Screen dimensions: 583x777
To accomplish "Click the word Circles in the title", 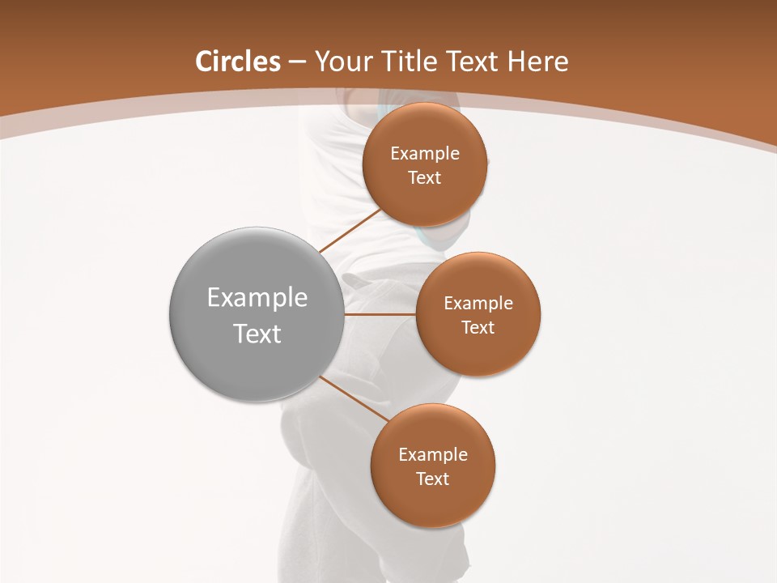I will pos(238,62).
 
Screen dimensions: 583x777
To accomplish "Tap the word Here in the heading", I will pos(538,62).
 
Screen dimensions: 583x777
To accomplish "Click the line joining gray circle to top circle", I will pos(350,230).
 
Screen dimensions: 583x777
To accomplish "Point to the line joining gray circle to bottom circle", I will pos(355,398).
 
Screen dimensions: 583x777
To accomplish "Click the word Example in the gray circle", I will pos(257,298).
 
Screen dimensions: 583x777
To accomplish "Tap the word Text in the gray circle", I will pos(257,334).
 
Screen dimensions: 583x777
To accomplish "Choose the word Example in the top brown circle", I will pos(425,154).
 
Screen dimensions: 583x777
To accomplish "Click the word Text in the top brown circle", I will pos(425,178).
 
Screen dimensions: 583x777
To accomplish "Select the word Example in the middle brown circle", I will pos(478,304).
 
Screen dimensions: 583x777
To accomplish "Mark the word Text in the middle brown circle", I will pos(478,328).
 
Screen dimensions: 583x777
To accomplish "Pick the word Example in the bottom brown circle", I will pos(433,455).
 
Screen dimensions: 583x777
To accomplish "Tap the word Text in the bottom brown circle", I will pos(433,479).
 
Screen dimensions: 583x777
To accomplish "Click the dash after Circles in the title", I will pos(297,62).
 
